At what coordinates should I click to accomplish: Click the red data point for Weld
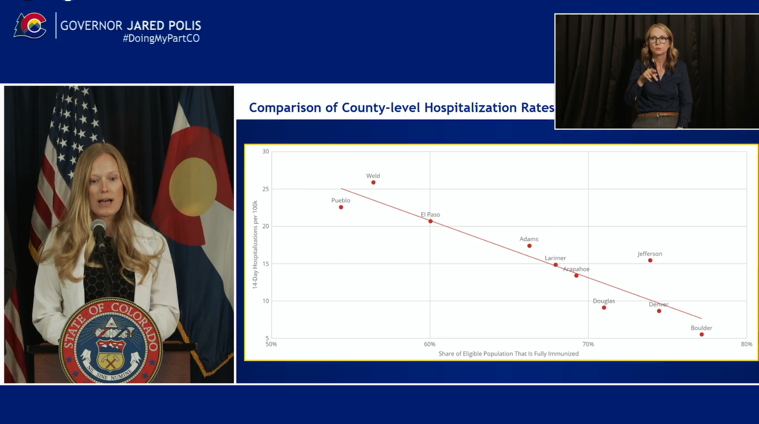tap(374, 183)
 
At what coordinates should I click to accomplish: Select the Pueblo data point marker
tap(341, 207)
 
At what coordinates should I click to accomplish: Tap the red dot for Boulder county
tap(702, 334)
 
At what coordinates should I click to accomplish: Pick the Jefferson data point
tap(650, 260)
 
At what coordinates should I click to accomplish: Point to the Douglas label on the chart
tap(604, 300)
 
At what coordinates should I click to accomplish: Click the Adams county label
tap(529, 239)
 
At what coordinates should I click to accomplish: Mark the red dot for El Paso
tap(430, 221)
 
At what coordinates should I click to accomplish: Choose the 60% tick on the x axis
tap(430, 344)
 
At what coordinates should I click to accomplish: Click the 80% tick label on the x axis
tap(746, 344)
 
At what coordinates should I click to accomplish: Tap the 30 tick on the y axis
tap(266, 151)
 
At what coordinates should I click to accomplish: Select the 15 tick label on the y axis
tap(266, 264)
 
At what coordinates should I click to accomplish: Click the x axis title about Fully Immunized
tap(508, 354)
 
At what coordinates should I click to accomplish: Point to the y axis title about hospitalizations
tap(255, 244)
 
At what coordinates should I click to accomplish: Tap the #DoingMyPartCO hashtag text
tap(161, 38)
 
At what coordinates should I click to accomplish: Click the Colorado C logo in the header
tap(31, 26)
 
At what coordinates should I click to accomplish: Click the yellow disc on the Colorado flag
tap(193, 186)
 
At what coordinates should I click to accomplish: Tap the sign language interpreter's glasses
tap(658, 40)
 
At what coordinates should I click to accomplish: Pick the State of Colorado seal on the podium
tap(111, 341)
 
